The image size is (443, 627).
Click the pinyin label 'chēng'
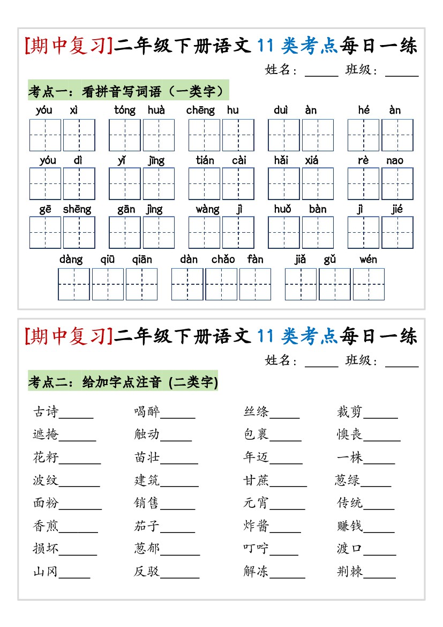200,110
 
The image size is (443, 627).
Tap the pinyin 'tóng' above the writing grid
125,110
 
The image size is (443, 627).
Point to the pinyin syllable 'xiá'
311,160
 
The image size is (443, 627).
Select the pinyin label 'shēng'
77,209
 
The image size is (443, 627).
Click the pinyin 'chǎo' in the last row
223,260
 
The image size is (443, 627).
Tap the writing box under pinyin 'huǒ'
283,232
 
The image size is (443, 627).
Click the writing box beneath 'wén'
369,284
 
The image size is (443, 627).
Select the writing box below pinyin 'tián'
204,183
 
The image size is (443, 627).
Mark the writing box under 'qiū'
108,284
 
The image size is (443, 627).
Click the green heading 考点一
127,91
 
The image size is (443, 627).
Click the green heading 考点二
123,382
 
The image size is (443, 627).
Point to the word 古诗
46,412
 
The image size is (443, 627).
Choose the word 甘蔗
256,481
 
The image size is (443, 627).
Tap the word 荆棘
350,572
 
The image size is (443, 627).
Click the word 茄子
147,526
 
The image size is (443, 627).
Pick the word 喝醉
147,412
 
